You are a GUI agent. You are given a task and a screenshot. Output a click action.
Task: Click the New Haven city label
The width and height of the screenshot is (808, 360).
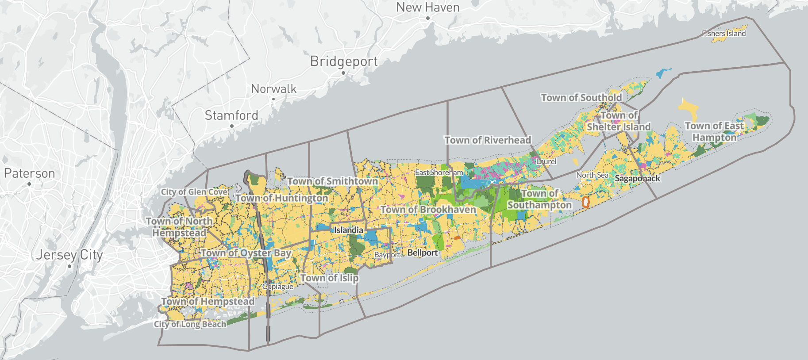(x=427, y=8)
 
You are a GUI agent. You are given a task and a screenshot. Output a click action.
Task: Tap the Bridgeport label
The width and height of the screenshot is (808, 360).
(x=344, y=61)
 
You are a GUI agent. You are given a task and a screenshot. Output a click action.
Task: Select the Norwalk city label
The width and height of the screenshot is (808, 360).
(x=273, y=89)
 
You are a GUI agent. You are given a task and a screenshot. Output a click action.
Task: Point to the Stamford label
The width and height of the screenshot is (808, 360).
(x=231, y=115)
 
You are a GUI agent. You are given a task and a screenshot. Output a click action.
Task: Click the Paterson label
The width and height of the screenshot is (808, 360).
(x=30, y=173)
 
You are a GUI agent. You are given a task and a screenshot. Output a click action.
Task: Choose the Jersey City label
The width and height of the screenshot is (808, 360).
(x=69, y=255)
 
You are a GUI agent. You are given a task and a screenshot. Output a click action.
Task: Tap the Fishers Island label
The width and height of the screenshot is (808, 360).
(x=724, y=34)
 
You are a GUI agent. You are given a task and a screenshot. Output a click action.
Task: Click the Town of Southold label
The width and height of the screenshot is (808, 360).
(x=581, y=98)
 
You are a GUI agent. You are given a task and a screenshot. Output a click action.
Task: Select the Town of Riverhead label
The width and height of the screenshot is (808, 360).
(x=488, y=140)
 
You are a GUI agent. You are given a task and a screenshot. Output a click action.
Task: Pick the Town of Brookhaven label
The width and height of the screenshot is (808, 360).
(x=428, y=210)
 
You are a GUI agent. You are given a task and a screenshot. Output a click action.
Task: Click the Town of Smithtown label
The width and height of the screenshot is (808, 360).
(x=332, y=181)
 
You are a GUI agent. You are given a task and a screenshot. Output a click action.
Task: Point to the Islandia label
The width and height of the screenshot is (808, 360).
(x=349, y=230)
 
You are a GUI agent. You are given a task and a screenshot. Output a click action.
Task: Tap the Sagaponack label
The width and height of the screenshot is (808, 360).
(x=637, y=179)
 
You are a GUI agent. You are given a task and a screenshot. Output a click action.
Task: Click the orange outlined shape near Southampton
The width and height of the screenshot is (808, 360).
(x=585, y=203)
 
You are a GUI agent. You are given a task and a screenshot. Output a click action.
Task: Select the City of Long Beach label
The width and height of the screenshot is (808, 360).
(x=190, y=324)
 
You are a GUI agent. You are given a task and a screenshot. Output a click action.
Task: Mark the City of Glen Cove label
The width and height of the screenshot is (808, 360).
(x=194, y=192)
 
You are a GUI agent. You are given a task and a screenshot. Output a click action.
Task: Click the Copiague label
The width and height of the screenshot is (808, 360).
(x=277, y=287)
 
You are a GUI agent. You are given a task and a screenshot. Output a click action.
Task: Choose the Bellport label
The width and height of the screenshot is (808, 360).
(x=422, y=253)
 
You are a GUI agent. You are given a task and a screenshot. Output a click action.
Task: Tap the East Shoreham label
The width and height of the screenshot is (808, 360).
(x=439, y=172)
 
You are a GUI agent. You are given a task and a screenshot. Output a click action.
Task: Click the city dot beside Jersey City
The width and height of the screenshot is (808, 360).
(x=69, y=266)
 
